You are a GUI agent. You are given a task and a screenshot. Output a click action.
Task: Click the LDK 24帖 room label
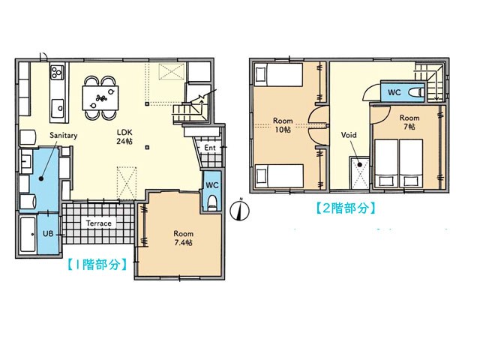coord(124,136)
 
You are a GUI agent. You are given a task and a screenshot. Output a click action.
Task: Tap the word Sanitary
coord(63,135)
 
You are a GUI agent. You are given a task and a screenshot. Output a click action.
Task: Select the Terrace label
coord(98,223)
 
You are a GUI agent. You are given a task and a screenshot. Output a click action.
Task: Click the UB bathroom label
coord(48,233)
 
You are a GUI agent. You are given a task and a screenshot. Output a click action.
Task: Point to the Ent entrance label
coord(210,148)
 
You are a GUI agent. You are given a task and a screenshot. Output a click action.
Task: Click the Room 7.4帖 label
coord(183,238)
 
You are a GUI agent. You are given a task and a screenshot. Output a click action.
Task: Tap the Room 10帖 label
coord(283,125)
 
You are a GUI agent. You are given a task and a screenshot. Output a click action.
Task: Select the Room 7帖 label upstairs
coord(409,121)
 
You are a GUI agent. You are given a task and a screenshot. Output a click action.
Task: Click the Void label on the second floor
coord(349,135)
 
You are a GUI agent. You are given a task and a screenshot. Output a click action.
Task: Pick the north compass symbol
coord(240,210)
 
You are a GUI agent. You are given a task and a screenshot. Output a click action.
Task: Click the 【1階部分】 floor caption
coord(97,264)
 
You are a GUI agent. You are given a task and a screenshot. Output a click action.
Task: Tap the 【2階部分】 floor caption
coord(345,208)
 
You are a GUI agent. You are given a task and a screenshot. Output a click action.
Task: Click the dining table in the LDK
coord(100,98)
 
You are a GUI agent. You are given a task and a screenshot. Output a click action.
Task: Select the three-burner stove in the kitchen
coord(57,72)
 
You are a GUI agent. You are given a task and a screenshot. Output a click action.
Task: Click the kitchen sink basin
coord(58,108)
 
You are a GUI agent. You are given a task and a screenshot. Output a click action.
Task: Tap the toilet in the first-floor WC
coord(211,203)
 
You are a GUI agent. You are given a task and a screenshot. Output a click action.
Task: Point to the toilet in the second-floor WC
coord(416,91)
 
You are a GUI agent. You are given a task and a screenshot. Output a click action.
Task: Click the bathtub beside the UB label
coord(28,234)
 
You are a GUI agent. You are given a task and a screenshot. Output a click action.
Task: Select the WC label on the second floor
coord(394,91)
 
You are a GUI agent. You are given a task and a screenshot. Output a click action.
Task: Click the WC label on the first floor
coord(211,185)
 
